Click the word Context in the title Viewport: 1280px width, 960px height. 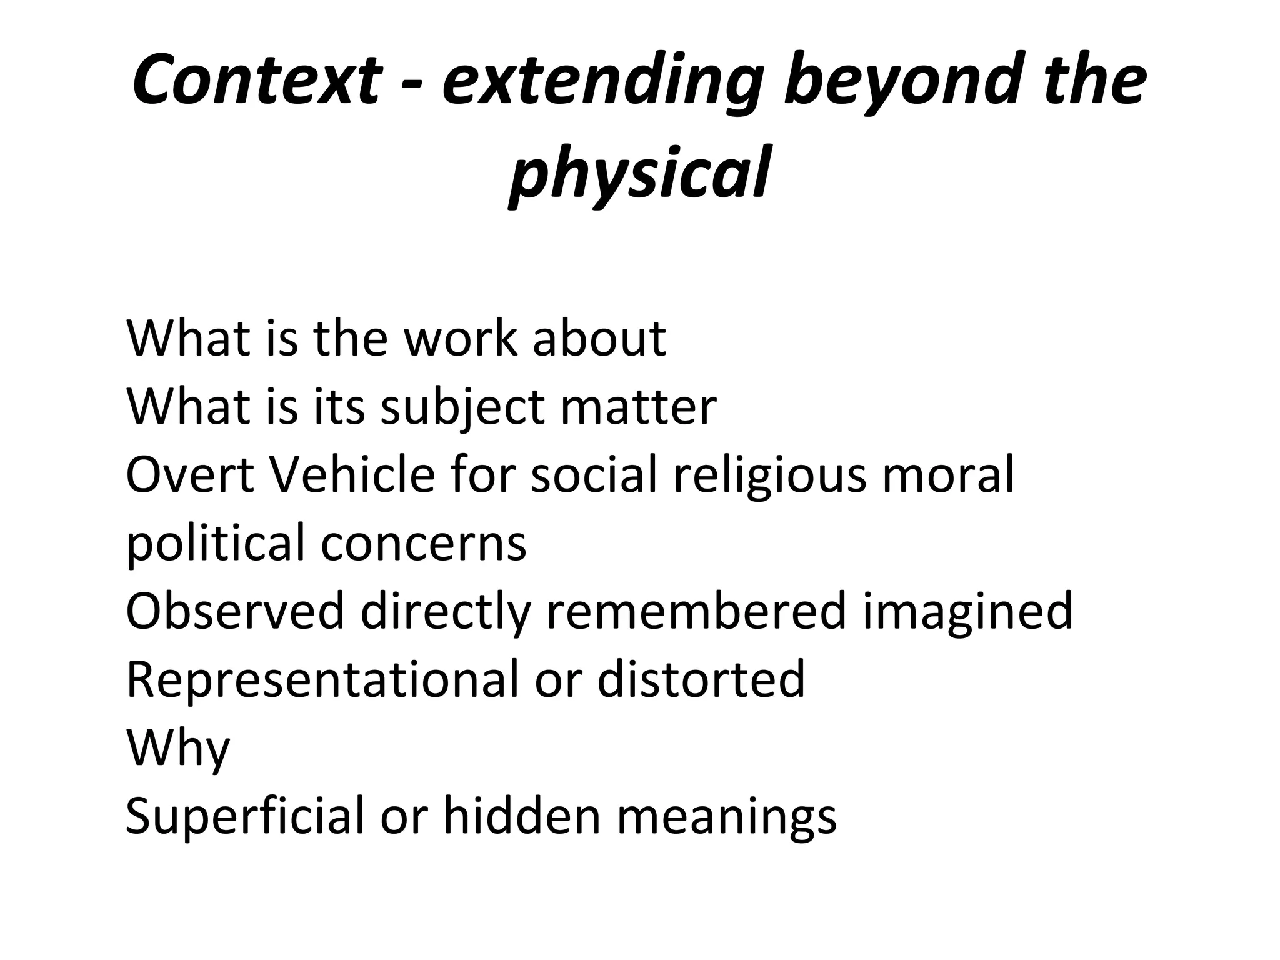(256, 80)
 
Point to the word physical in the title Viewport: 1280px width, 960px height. (639, 172)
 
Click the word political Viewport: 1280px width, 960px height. (215, 544)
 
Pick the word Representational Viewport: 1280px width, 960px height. (322, 680)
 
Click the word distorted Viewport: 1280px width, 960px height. (701, 679)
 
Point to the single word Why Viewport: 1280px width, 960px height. (178, 749)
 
